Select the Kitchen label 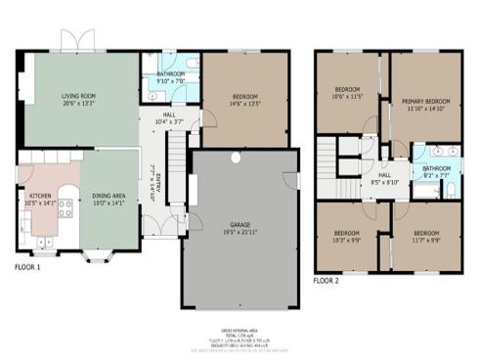click(x=41, y=197)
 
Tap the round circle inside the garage click(x=235, y=157)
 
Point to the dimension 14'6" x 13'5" click(x=244, y=103)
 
